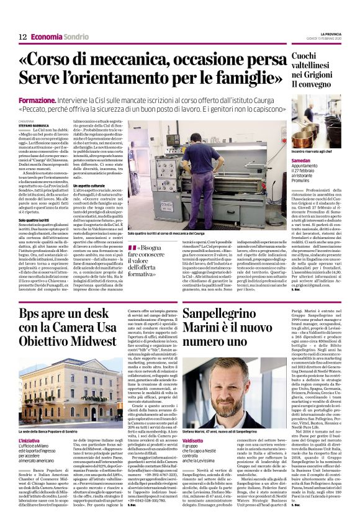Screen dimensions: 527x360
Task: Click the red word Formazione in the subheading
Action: (38, 100)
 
